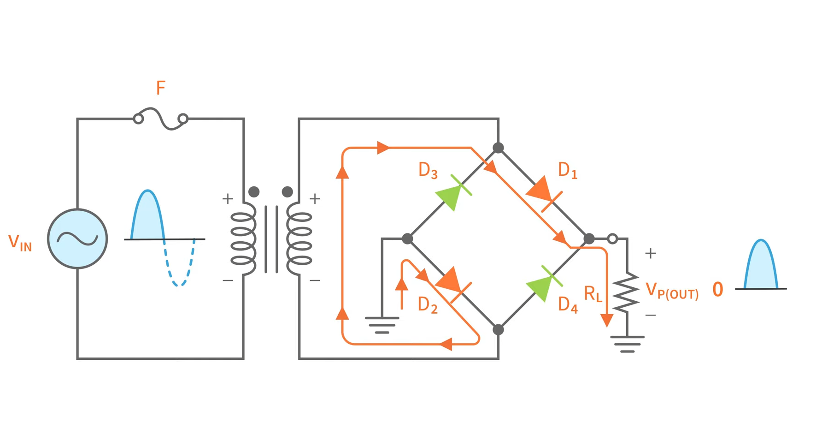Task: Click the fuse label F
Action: (160, 88)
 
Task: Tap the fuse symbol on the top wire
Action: (160, 119)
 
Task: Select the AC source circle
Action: (77, 238)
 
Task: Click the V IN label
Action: (20, 243)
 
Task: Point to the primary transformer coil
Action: (243, 238)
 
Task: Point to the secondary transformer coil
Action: (299, 238)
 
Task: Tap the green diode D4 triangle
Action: (540, 287)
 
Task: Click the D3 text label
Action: (428, 171)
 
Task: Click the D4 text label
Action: (567, 305)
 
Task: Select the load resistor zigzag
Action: (626, 292)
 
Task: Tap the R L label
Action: (593, 294)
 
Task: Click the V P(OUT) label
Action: (671, 291)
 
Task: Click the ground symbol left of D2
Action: (382, 325)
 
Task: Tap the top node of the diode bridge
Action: (498, 148)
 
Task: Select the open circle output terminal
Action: (612, 239)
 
